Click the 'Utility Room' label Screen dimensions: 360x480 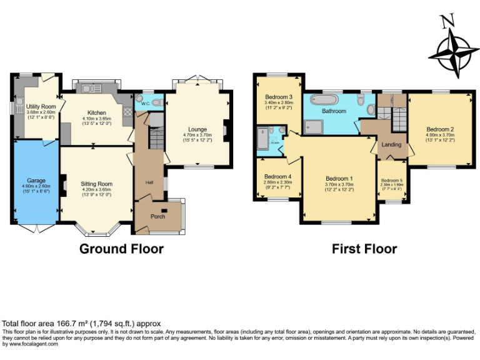tap(37, 107)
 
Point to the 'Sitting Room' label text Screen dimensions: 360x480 tap(96, 184)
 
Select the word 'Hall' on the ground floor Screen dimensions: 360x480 tap(149, 182)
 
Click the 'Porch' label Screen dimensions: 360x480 tap(157, 216)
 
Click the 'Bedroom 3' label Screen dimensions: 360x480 tap(279, 97)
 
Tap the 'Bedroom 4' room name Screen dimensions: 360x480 tap(277, 176)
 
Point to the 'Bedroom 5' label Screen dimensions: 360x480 tap(392, 181)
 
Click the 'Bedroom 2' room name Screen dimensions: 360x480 tap(439, 130)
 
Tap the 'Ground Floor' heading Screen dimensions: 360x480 tap(121, 249)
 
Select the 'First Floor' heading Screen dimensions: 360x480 tap(364, 249)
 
